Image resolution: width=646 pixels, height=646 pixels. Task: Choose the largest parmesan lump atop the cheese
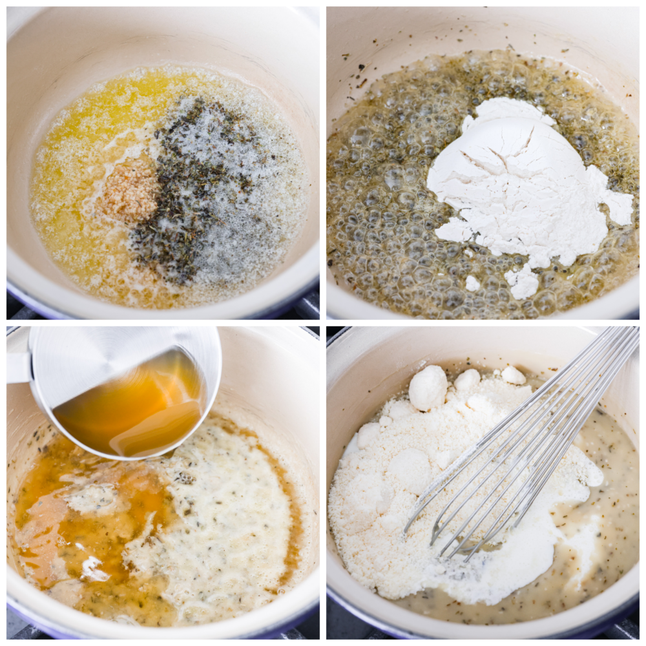tap(428, 388)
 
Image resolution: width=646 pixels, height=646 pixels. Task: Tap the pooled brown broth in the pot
tap(52, 504)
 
